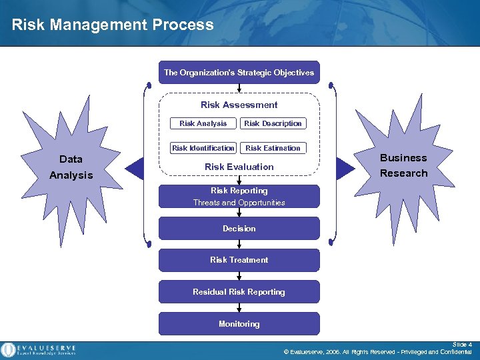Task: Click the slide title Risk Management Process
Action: (113, 25)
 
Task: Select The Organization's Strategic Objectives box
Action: (239, 73)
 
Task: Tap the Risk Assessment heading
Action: (239, 105)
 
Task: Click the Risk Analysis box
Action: (203, 123)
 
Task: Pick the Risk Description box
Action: (273, 123)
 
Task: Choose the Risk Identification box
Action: (203, 148)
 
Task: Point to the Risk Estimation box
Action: (273, 148)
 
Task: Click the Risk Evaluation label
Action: (239, 167)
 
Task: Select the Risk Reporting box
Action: (239, 191)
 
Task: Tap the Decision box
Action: (239, 229)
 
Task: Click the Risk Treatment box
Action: (239, 260)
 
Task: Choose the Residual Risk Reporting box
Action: (239, 292)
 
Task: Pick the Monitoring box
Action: (239, 324)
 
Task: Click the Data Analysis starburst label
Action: (71, 167)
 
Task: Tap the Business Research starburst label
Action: (403, 165)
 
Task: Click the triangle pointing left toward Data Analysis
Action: (137, 167)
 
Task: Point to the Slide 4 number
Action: (462, 345)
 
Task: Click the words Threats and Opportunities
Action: (239, 203)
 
